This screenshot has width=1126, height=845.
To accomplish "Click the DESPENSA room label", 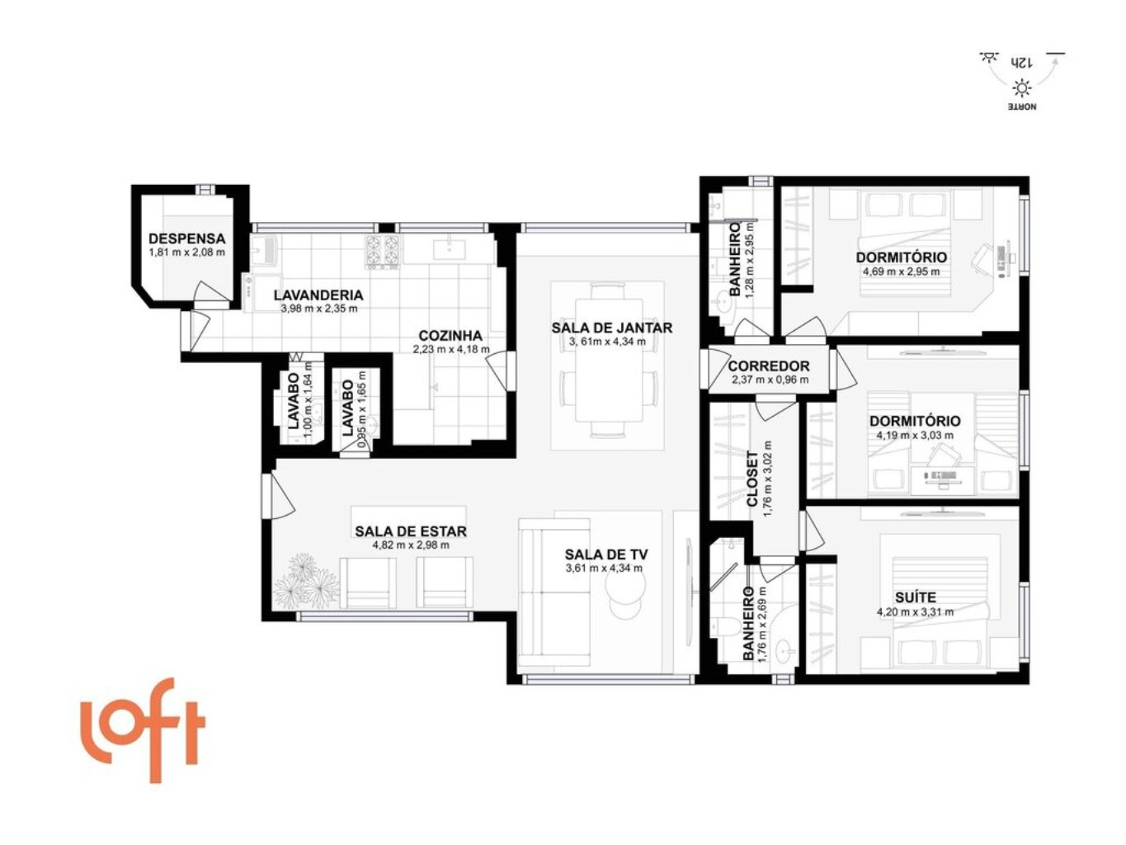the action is [x=186, y=238].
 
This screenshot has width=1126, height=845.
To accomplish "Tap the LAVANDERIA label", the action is [x=318, y=295].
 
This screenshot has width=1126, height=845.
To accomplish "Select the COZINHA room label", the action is [x=450, y=336].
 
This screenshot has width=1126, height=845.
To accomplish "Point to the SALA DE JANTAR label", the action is [x=611, y=328].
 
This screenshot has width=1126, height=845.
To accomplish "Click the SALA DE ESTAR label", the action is [x=411, y=531].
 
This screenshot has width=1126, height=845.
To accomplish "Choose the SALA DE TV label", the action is [x=605, y=555].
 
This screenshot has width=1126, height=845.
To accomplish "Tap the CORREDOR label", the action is [x=769, y=366].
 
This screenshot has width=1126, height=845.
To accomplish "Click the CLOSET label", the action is [x=752, y=479].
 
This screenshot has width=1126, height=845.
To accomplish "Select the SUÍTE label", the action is [x=915, y=597].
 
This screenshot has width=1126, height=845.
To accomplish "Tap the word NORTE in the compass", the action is [x=1022, y=107].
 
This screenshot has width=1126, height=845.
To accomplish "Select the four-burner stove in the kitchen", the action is [x=382, y=252].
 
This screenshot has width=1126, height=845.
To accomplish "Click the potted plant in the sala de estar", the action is [x=307, y=582].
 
